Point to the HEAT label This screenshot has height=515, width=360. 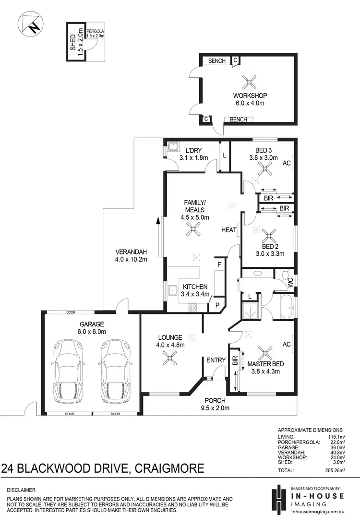click(x=228, y=230)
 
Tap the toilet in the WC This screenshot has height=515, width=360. click(x=286, y=275)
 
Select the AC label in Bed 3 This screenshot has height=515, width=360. click(x=287, y=163)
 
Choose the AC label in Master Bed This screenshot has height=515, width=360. click(x=287, y=345)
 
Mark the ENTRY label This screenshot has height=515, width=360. click(x=216, y=360)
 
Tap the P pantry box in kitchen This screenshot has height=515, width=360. click(x=217, y=304)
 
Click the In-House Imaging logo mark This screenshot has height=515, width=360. click(x=276, y=499)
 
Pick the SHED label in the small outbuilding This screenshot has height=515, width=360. click(x=73, y=42)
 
